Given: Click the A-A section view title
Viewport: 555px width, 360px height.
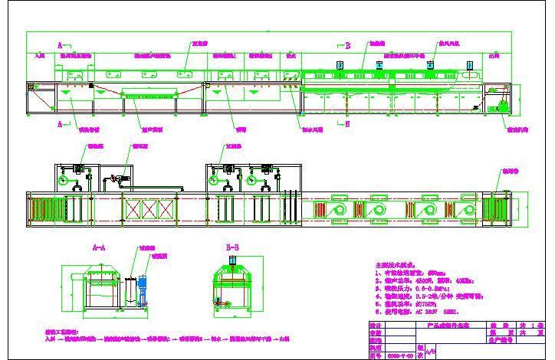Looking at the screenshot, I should [99, 247].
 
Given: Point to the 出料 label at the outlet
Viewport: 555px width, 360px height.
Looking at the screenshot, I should [494, 56].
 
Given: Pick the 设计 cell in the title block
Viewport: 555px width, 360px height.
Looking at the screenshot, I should [375, 326].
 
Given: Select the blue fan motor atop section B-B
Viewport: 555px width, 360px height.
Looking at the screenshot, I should [232, 260].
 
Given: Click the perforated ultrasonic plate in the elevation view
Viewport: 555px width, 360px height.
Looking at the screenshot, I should [150, 96].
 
